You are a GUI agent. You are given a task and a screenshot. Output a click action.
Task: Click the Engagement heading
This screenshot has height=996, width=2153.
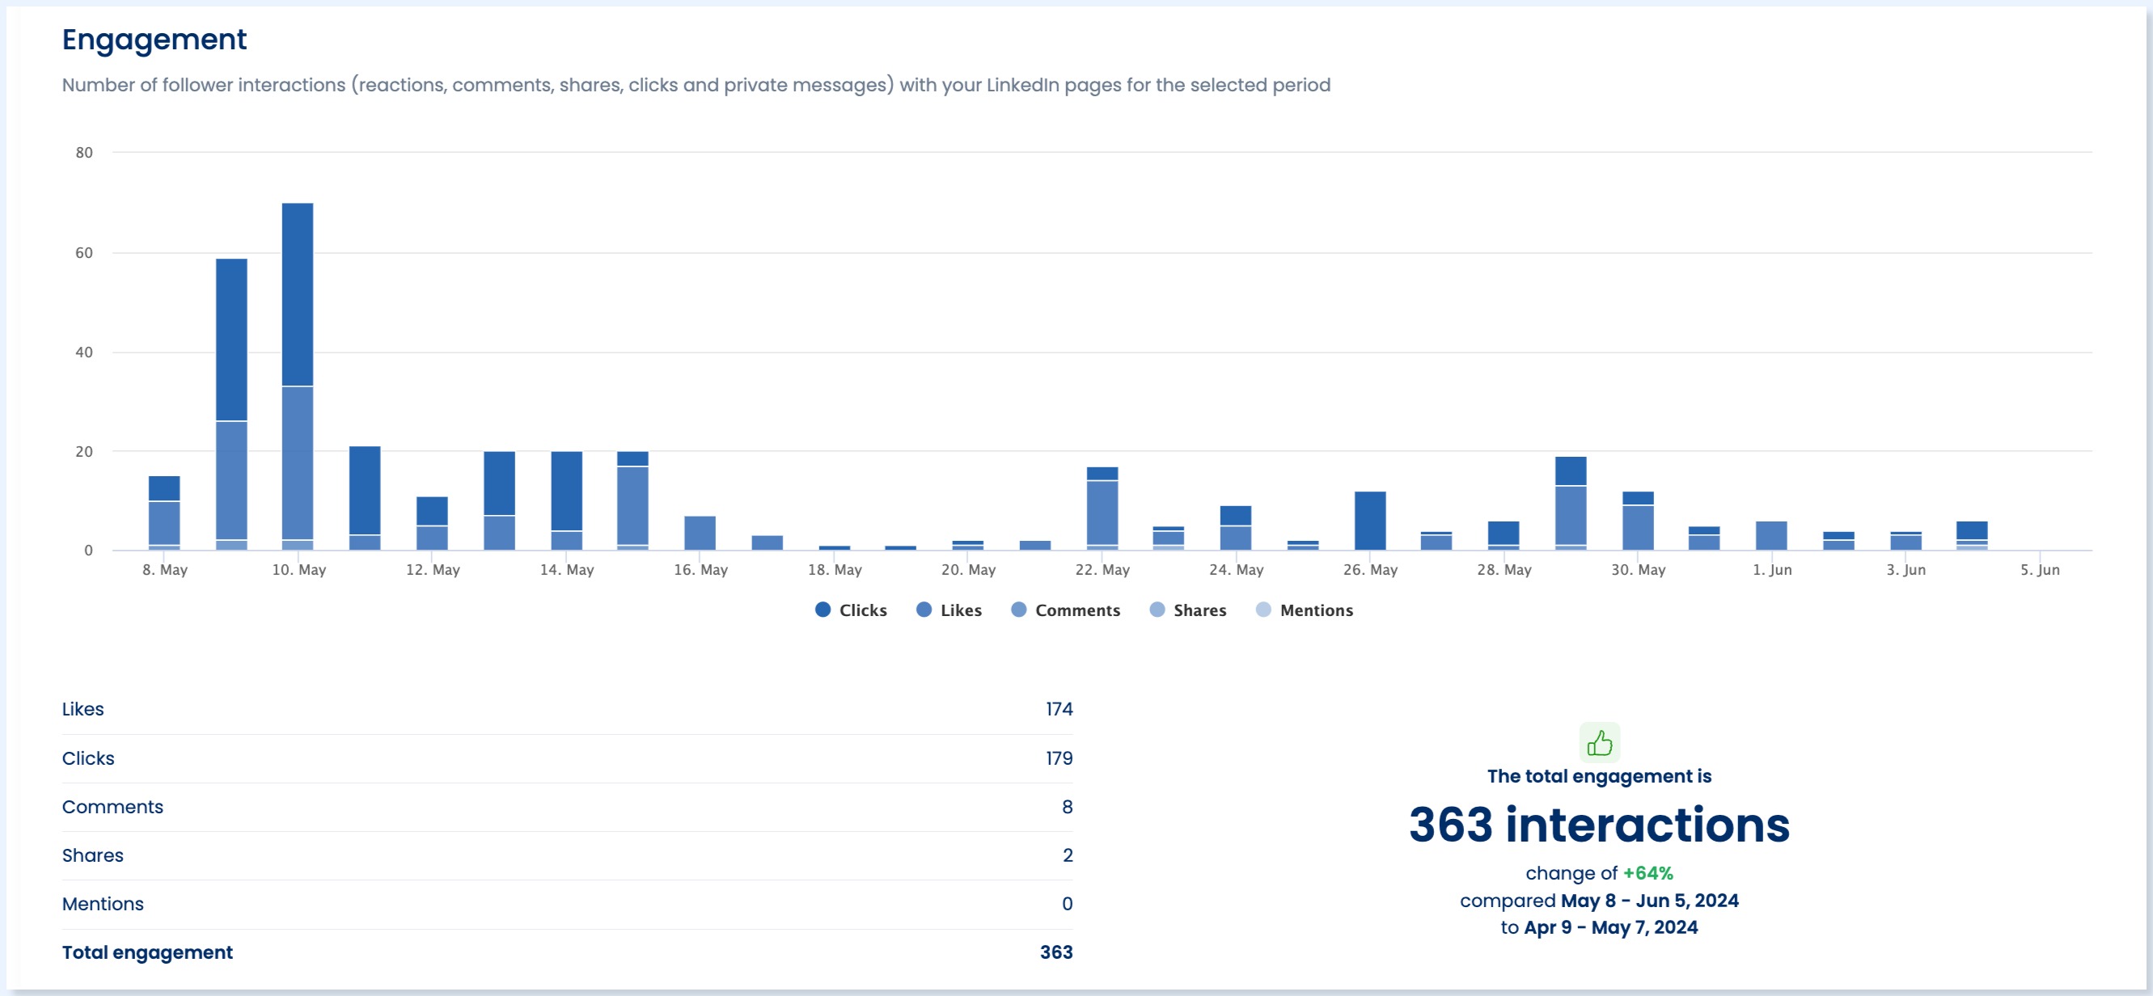pyautogui.click(x=154, y=40)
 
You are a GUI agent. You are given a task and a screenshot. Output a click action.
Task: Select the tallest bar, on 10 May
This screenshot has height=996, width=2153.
pyautogui.click(x=298, y=376)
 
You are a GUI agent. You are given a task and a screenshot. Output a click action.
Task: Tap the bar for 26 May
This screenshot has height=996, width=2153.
pyautogui.click(x=1370, y=521)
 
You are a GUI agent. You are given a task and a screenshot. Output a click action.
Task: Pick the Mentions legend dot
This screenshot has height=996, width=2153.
pyautogui.click(x=1263, y=610)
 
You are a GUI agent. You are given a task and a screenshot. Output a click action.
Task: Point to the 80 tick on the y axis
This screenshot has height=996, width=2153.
pyautogui.click(x=84, y=153)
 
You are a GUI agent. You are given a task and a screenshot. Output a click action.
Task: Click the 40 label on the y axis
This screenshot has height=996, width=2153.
pyautogui.click(x=84, y=352)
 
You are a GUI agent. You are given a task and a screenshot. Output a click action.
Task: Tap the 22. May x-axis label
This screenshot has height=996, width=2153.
pyautogui.click(x=1102, y=570)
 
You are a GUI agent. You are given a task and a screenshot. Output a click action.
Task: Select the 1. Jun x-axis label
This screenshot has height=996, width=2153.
pyautogui.click(x=1772, y=570)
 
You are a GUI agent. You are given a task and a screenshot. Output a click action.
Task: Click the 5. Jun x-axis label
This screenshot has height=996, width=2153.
pyautogui.click(x=2039, y=570)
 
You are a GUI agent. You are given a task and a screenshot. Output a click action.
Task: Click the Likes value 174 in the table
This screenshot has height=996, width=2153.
pyautogui.click(x=1058, y=709)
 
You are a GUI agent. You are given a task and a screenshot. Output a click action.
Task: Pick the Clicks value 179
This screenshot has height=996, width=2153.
pyautogui.click(x=1058, y=758)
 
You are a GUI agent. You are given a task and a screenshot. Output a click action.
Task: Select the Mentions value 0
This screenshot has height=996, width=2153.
pyautogui.click(x=1067, y=904)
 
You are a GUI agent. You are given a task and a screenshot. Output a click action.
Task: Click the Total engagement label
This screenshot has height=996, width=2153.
pyautogui.click(x=147, y=952)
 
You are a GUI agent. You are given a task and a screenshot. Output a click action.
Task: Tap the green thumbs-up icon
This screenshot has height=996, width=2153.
pyautogui.click(x=1599, y=743)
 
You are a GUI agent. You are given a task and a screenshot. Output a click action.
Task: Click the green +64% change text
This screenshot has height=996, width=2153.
pyautogui.click(x=1648, y=873)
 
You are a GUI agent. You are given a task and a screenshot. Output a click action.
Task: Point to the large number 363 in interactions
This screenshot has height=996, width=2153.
pyautogui.click(x=1450, y=825)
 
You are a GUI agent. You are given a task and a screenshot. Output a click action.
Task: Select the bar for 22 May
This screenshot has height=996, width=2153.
pyautogui.click(x=1102, y=509)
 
